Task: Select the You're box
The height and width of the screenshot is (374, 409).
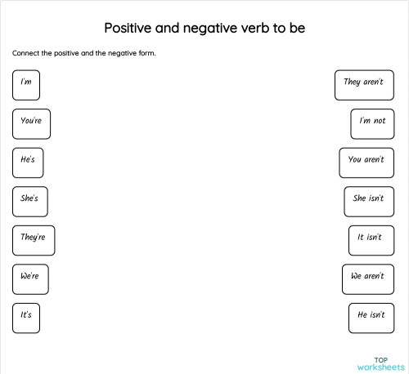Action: [x=31, y=123]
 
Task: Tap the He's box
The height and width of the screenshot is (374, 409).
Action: [x=28, y=162]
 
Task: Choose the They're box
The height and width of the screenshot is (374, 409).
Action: [x=34, y=239]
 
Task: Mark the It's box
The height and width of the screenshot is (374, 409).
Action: [x=26, y=317]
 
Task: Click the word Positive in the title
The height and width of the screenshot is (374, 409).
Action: [x=132, y=29]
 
